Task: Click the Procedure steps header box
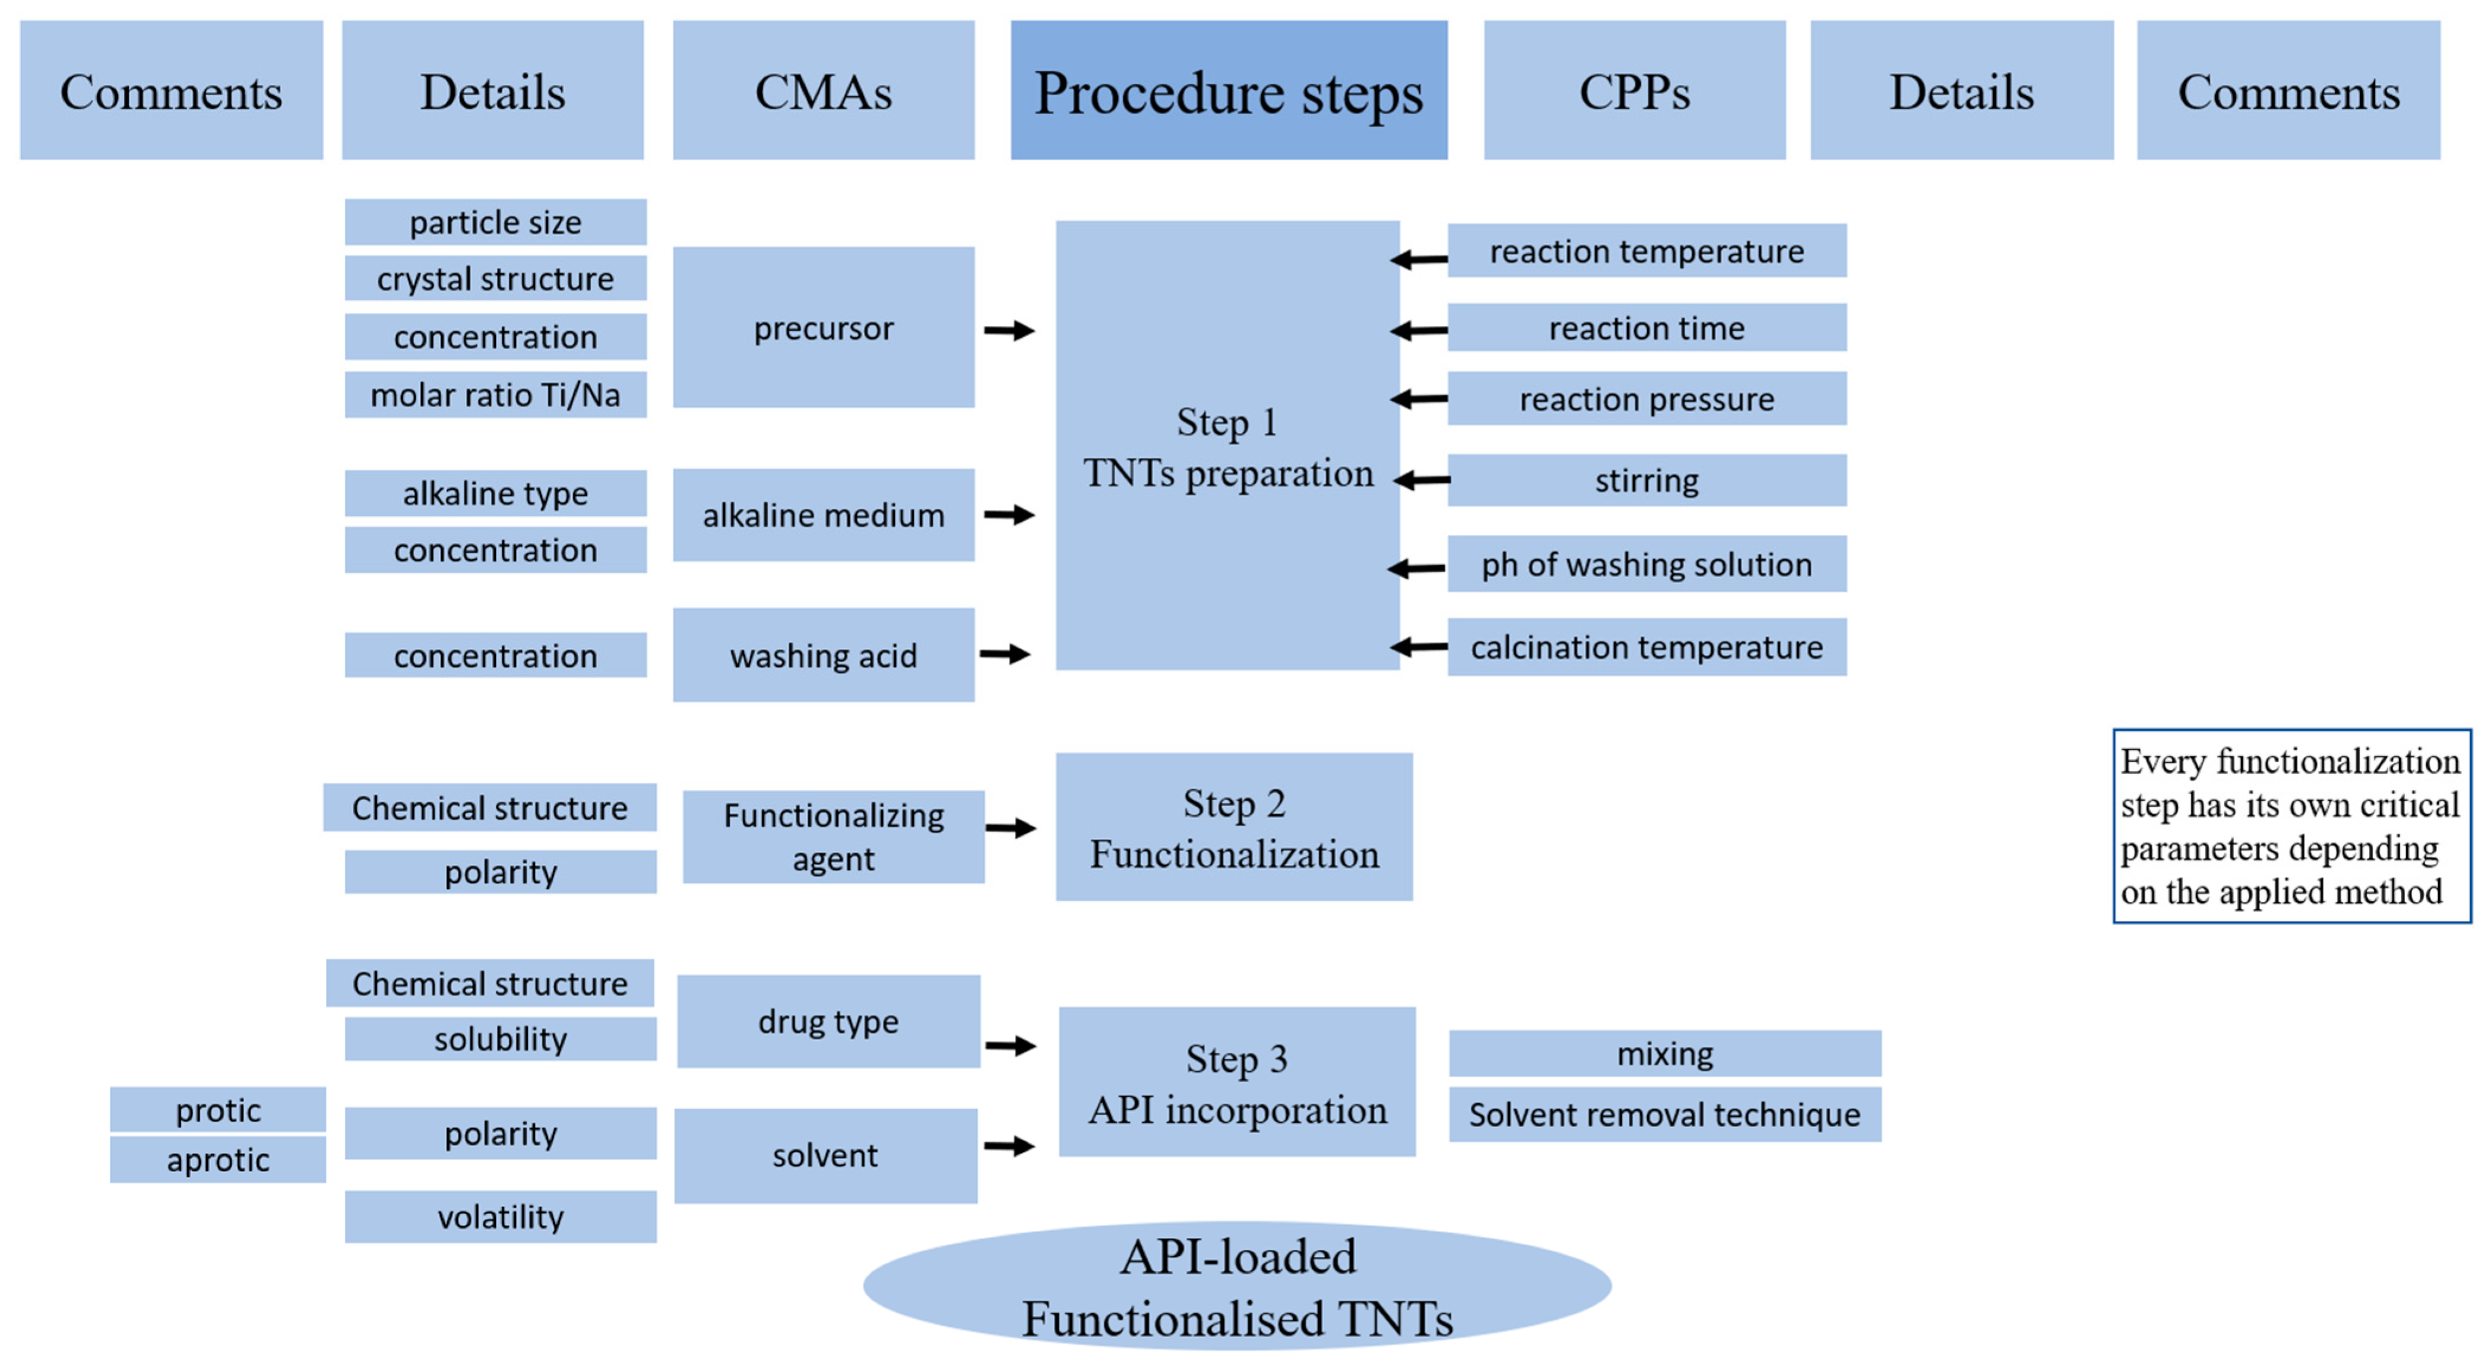(x=1229, y=90)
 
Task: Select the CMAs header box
(x=823, y=90)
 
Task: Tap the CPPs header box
(x=1634, y=90)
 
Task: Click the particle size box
(x=495, y=222)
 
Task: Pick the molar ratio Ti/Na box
(x=495, y=394)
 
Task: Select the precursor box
(x=823, y=328)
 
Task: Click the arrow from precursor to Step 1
(x=1009, y=330)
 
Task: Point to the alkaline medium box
(x=823, y=515)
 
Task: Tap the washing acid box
(x=823, y=655)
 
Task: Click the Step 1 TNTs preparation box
(x=1227, y=445)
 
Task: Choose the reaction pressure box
(x=1647, y=398)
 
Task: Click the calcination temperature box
(x=1647, y=646)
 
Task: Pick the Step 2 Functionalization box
(x=1233, y=827)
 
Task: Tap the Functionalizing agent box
(x=834, y=837)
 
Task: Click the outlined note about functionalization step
(x=2291, y=826)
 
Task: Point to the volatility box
(x=501, y=1216)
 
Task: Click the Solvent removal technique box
(x=1664, y=1114)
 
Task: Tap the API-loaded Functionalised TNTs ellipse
(x=1237, y=1286)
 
